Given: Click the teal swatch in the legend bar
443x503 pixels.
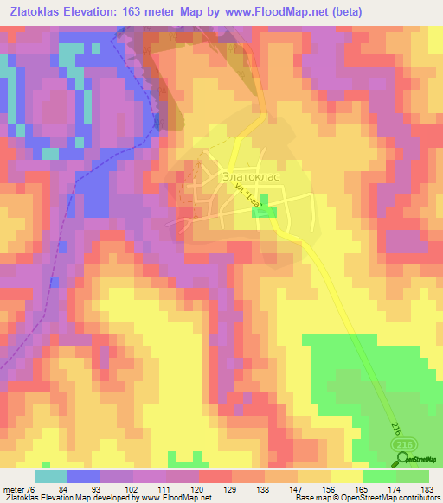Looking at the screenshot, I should click(x=51, y=476).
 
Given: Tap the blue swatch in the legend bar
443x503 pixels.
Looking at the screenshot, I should click(x=84, y=476).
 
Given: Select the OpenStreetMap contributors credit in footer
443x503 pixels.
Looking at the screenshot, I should click(x=395, y=498).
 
